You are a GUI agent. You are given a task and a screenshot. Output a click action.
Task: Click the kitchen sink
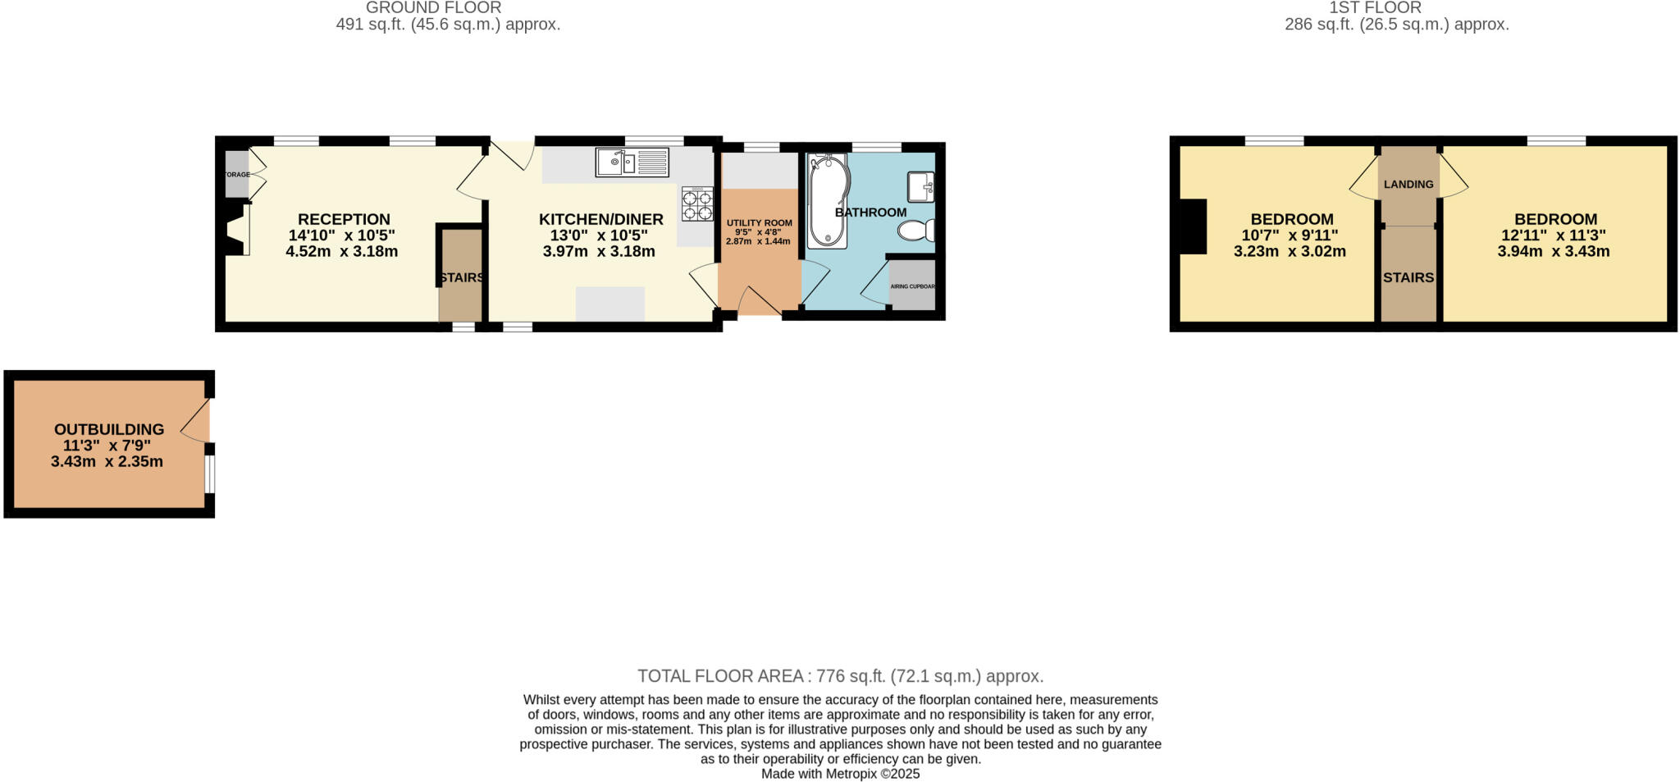click(x=632, y=162)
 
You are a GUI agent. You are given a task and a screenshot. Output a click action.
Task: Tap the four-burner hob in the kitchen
click(x=697, y=204)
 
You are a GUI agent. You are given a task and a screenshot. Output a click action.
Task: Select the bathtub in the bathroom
click(x=827, y=201)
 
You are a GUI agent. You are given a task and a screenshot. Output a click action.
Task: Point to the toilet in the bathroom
click(x=916, y=231)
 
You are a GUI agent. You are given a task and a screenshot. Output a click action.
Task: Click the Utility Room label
click(x=760, y=222)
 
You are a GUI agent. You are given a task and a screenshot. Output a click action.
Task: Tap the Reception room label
click(x=344, y=219)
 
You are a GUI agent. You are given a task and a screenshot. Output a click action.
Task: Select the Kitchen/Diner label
click(x=600, y=219)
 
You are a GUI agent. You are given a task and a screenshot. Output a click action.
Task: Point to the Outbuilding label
click(x=109, y=429)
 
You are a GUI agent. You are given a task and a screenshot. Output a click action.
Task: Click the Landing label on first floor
click(x=1408, y=185)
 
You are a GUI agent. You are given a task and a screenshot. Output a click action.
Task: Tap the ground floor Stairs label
click(x=462, y=277)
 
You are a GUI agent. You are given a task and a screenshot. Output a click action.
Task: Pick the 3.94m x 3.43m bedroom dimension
click(x=1554, y=251)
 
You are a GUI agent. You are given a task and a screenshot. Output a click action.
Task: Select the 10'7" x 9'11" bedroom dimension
click(x=1290, y=236)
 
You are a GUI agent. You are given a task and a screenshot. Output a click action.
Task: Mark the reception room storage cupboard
click(x=237, y=174)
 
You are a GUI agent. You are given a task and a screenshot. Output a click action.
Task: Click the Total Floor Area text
click(x=840, y=676)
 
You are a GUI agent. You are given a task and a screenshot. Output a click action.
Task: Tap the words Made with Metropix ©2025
click(x=840, y=774)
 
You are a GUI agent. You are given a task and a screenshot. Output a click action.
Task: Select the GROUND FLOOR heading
click(x=433, y=7)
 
